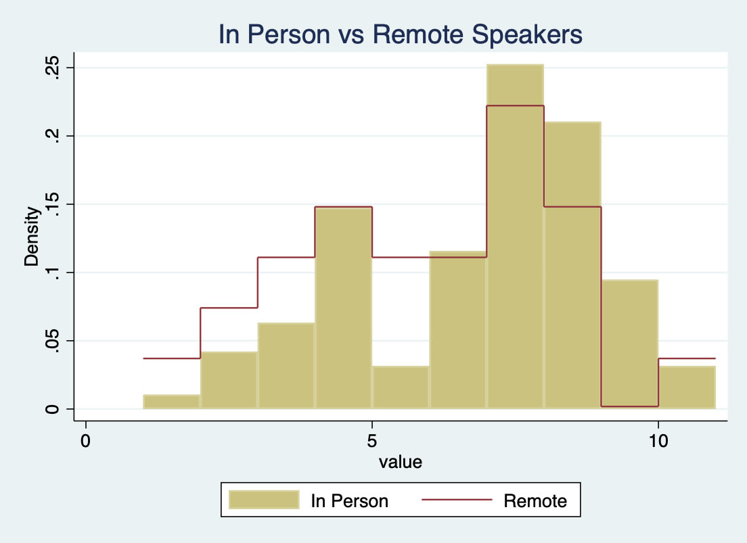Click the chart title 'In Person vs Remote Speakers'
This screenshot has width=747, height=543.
point(400,34)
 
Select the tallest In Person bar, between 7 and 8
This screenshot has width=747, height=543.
point(515,236)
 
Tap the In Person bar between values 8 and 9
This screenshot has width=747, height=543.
point(572,265)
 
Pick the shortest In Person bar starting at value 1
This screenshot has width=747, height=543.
point(171,402)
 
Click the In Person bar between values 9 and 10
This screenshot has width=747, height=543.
point(630,344)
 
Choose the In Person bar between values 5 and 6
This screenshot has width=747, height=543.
point(401,387)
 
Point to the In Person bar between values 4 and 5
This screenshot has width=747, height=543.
point(344,308)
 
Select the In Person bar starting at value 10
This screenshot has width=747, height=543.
point(687,387)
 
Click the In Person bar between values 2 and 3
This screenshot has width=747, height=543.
point(229,380)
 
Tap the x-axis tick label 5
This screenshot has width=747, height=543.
point(371,441)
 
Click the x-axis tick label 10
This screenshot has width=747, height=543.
point(658,441)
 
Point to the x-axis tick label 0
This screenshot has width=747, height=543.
point(85,441)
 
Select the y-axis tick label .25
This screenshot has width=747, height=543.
point(51,68)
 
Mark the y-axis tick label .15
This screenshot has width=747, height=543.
point(51,204)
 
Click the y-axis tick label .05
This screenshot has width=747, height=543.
point(51,341)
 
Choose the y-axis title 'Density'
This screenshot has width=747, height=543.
point(31,236)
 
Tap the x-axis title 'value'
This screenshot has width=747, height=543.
point(400,462)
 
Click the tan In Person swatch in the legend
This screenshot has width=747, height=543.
point(264,500)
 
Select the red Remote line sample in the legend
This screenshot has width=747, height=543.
point(457,500)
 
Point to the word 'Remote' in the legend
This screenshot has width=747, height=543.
point(535,501)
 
